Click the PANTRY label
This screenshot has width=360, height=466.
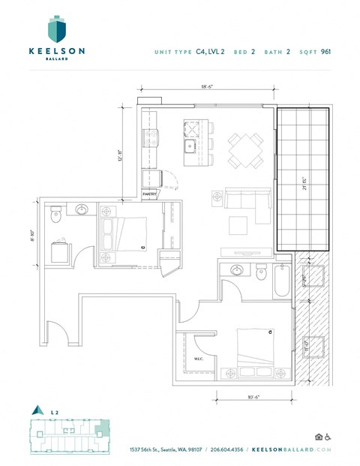point(151,194)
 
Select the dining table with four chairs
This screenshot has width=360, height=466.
point(244,149)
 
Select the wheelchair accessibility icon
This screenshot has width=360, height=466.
point(328,437)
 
